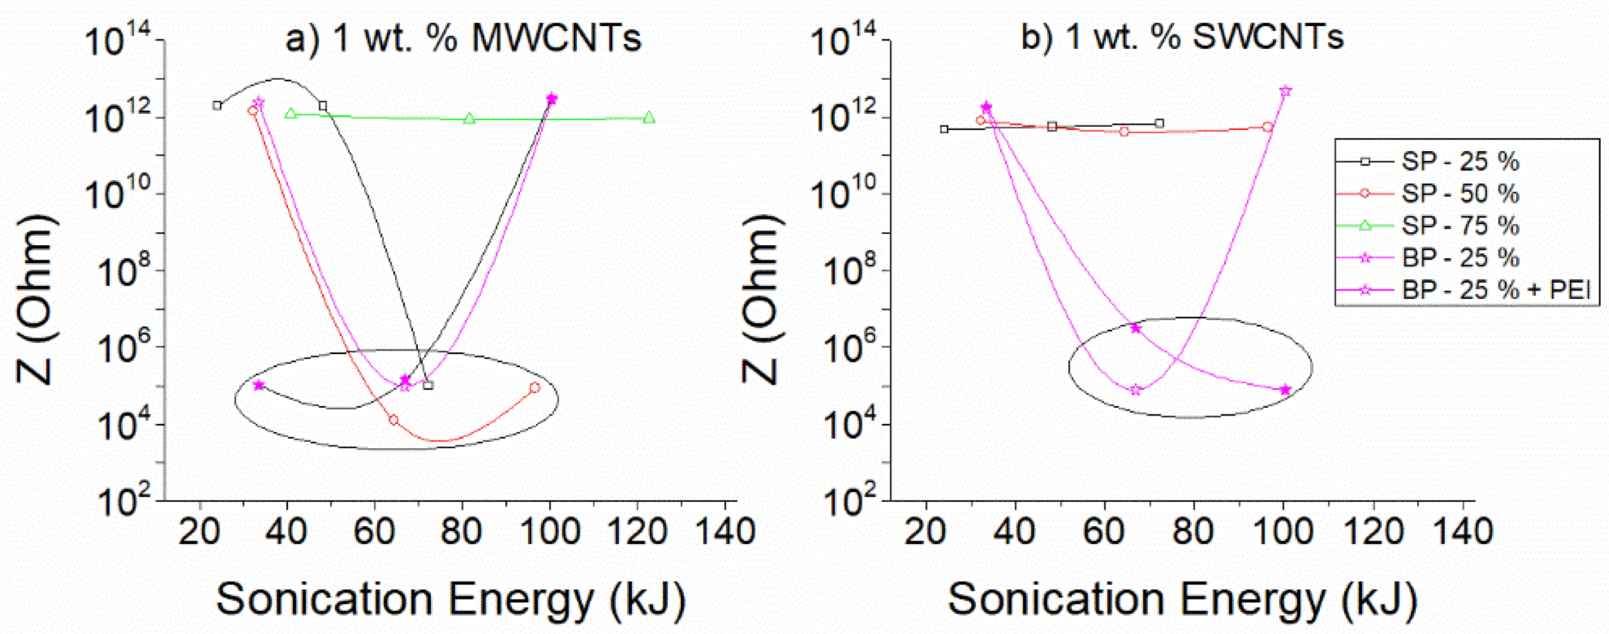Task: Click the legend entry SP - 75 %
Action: point(1459,226)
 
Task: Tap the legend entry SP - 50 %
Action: point(1459,193)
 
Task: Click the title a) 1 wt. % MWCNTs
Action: point(464,38)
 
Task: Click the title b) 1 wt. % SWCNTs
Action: point(1182,38)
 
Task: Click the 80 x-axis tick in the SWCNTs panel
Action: point(1194,532)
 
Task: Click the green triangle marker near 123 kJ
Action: point(649,117)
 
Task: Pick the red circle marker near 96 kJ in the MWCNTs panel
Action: point(535,388)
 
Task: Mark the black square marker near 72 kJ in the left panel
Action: point(428,385)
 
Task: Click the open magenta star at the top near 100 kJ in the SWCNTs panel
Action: point(1285,91)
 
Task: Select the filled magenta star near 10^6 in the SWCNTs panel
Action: point(1135,328)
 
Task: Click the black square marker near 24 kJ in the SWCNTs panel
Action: point(944,129)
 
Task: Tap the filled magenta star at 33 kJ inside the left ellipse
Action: point(259,385)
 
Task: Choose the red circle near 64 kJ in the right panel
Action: point(1123,132)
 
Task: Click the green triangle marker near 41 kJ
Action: point(290,114)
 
